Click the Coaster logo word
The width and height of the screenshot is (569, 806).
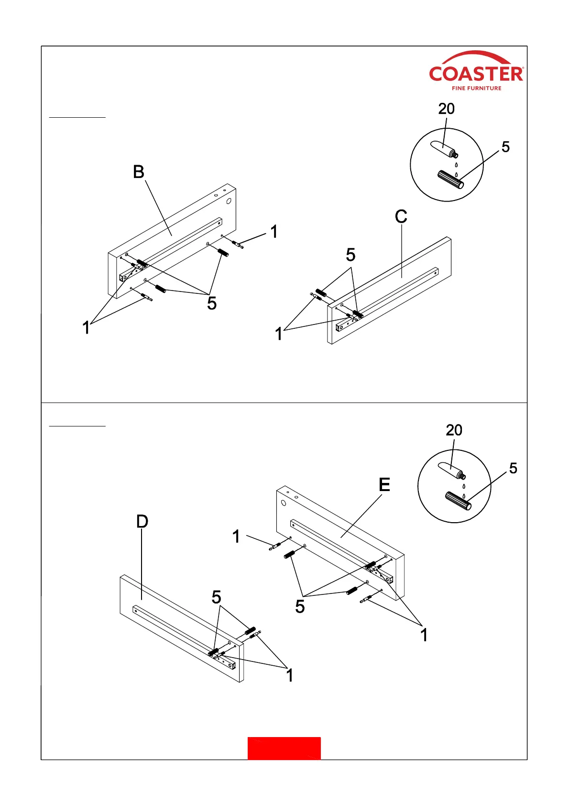click(x=476, y=74)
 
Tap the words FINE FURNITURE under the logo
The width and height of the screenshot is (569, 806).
click(x=476, y=88)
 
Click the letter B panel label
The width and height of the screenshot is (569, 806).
click(x=139, y=172)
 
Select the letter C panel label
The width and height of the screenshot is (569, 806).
click(x=401, y=217)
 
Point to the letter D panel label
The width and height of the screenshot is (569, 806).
click(x=142, y=521)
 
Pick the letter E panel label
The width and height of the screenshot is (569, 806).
click(x=384, y=485)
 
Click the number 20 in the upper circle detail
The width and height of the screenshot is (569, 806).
click(x=446, y=109)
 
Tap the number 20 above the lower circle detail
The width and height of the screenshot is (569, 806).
click(x=454, y=430)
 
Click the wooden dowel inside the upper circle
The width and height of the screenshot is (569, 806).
click(x=450, y=180)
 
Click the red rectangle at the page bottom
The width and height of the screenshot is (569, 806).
click(x=284, y=748)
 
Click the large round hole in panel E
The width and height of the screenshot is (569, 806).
click(x=284, y=503)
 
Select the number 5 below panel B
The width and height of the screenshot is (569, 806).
click(x=212, y=303)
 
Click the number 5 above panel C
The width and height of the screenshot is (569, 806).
click(x=350, y=255)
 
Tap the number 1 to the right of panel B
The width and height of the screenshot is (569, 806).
click(x=274, y=232)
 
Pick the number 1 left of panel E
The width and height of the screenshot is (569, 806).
click(x=236, y=537)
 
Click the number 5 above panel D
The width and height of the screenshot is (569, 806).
click(x=216, y=597)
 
